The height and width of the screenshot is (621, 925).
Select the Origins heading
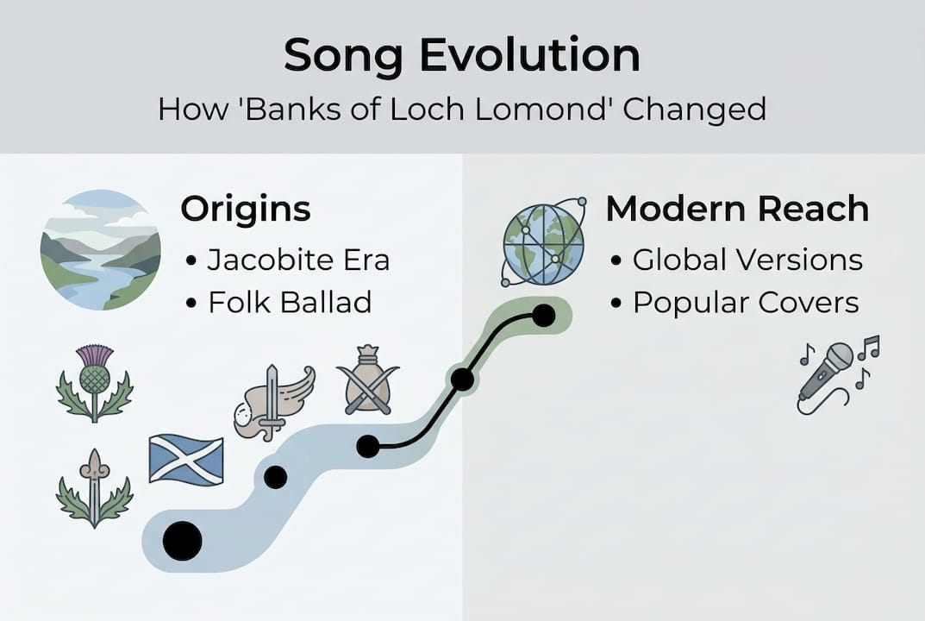point(245,210)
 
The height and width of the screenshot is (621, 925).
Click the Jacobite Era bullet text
point(298,260)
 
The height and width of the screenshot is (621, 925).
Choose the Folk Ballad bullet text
point(290,302)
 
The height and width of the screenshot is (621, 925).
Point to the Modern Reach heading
point(737,210)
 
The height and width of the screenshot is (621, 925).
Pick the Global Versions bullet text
point(747,260)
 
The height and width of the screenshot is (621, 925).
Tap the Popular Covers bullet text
point(746,302)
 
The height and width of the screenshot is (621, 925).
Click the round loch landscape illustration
point(100,249)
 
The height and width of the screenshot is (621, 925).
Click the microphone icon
point(832,373)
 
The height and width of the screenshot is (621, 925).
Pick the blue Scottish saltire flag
point(186,460)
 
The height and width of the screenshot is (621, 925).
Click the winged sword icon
point(274,402)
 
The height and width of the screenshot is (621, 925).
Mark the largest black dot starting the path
point(182,541)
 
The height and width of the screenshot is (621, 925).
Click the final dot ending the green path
point(543,316)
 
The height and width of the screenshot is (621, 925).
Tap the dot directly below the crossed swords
point(368,446)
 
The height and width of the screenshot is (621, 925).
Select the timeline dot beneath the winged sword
point(275,477)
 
